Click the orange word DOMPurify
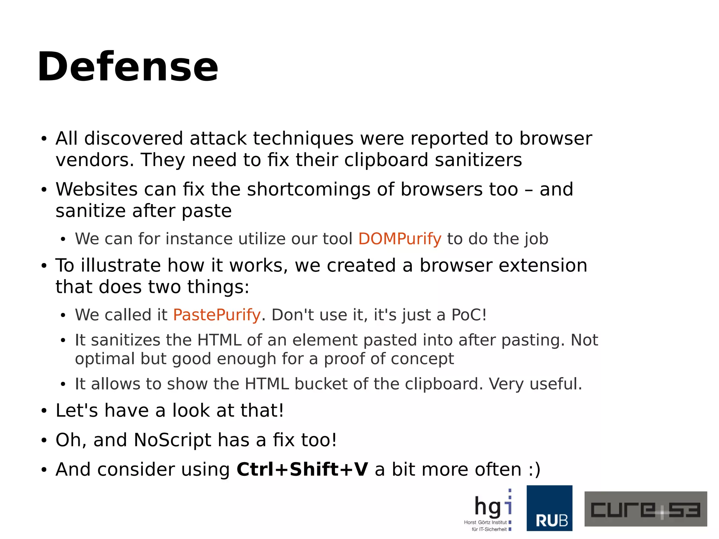tap(400, 239)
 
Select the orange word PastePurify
tap(217, 315)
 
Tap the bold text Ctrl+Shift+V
tap(302, 469)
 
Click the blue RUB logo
tap(549, 508)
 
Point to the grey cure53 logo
tap(645, 509)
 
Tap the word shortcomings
tap(309, 190)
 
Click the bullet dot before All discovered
tap(44, 139)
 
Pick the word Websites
tap(96, 190)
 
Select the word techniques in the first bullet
tap(303, 139)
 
